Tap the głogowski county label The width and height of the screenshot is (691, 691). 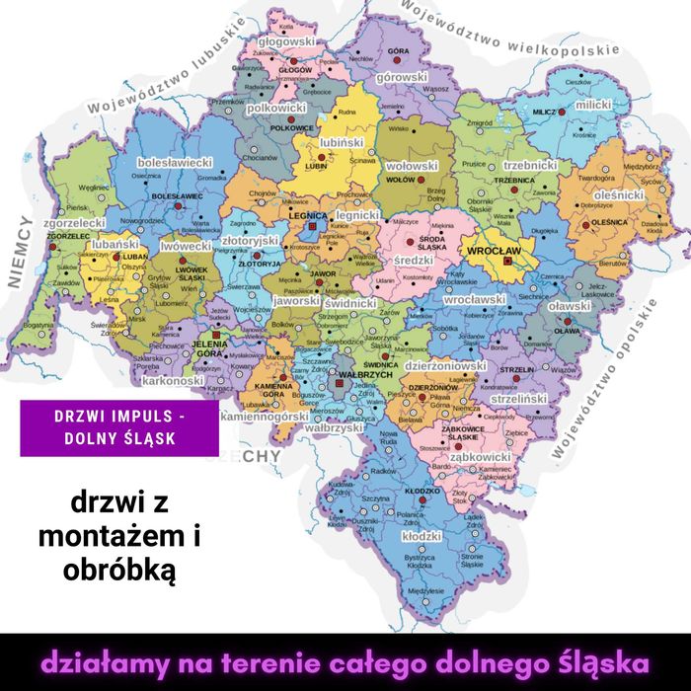point(286,42)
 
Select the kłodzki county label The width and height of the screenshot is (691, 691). point(422,535)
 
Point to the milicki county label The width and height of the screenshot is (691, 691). point(593,104)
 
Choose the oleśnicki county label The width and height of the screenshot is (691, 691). point(619,195)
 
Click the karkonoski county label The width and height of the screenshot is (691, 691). point(172,380)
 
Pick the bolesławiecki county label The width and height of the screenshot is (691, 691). point(176,161)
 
